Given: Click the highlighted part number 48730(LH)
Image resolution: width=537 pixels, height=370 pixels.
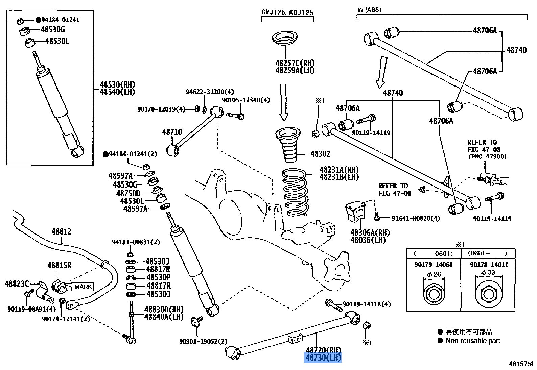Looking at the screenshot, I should tap(323, 357).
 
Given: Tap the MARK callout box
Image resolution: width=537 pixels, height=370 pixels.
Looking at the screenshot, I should tap(83, 287).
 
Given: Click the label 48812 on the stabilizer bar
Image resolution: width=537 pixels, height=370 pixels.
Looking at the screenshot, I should tap(62, 232).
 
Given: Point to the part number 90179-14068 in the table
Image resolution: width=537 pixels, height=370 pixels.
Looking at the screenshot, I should tap(434, 265).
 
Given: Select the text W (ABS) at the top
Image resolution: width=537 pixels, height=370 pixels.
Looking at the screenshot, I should tap(369, 10).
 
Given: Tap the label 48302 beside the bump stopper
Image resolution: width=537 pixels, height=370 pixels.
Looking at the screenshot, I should tap(320, 154).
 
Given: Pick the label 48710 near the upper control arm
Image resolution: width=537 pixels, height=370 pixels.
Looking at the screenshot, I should tap(172, 132).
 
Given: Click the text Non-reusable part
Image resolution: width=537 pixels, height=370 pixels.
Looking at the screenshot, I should tap(473, 341).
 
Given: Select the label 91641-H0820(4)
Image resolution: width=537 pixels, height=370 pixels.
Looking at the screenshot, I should tap(416, 218).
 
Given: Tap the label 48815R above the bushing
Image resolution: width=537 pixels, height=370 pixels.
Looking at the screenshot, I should tap(59, 265).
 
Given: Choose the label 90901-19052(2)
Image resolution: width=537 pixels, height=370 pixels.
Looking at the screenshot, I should tap(203, 341).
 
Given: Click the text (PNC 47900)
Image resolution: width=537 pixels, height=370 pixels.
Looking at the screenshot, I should tap(487, 156).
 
